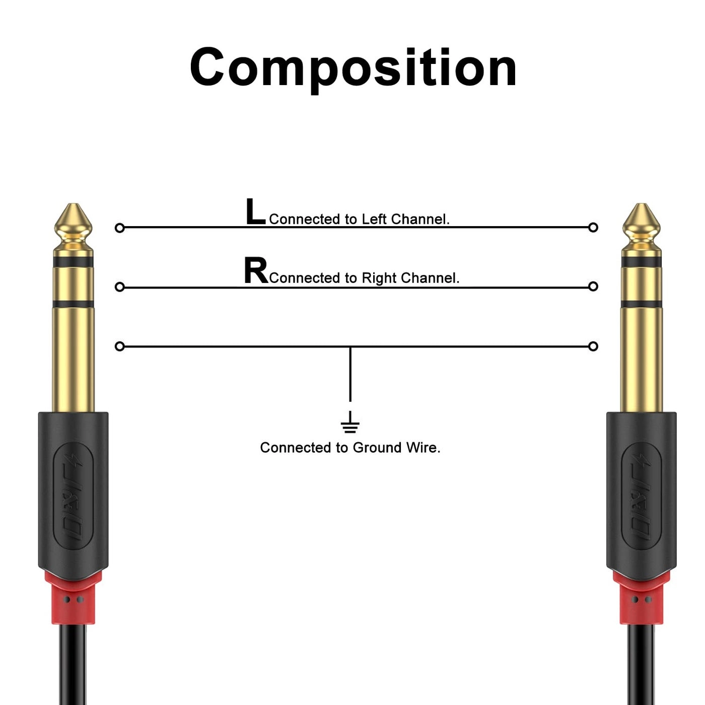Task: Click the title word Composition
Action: (353, 68)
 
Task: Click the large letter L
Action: (255, 211)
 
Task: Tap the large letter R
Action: (256, 271)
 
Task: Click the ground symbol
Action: (350, 422)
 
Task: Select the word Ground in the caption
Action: (373, 448)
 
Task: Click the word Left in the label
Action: (375, 220)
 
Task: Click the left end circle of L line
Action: (120, 228)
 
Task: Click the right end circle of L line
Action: (593, 228)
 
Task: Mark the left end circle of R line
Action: (120, 287)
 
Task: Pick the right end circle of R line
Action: (593, 287)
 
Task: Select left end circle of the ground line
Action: (120, 346)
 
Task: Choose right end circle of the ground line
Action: (593, 346)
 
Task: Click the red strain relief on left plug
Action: (73, 598)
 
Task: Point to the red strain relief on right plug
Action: (641, 598)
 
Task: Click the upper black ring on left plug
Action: (74, 262)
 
